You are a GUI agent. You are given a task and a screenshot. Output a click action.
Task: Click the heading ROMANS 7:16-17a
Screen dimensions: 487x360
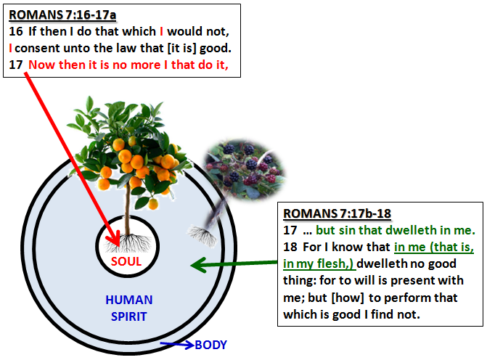pos(62,15)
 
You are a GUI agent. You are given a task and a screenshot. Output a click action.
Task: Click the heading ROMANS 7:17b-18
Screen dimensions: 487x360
pos(337,213)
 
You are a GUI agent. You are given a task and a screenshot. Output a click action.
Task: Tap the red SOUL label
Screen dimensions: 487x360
pos(126,261)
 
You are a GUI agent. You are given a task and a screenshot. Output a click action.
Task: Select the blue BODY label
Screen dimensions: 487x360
pos(211,345)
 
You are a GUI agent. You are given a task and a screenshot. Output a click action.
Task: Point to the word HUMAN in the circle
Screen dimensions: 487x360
pos(129,300)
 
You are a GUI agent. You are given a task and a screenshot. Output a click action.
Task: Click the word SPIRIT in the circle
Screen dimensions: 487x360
pos(129,316)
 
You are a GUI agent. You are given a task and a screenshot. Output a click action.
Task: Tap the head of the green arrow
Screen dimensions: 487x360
pos(199,265)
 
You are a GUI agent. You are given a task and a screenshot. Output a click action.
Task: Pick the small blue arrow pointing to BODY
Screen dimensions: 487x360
pos(177,344)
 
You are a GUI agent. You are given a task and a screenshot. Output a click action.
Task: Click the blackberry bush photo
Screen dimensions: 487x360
pos(245,169)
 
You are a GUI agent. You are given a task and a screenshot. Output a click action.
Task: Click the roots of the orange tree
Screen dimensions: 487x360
pos(128,243)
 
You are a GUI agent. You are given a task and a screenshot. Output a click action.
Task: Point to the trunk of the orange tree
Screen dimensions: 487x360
pos(127,211)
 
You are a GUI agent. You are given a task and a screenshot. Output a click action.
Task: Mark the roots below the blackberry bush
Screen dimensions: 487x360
pos(202,236)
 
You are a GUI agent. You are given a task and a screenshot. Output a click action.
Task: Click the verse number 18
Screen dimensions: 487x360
pos(290,247)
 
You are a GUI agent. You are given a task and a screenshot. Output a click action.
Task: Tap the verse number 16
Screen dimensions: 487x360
pos(16,31)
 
